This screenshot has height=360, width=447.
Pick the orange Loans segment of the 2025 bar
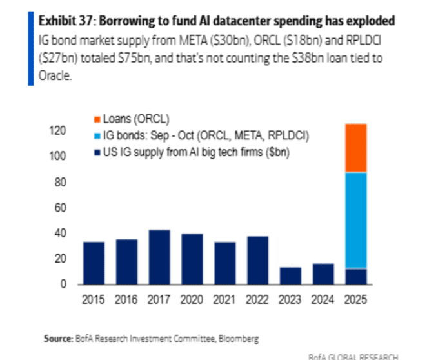[x=356, y=148]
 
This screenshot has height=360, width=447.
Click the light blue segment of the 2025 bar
[x=356, y=220]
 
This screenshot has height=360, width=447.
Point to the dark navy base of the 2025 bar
[x=356, y=276]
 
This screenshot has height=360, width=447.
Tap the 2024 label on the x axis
[x=323, y=301]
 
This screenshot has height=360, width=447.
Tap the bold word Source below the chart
[x=57, y=337]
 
